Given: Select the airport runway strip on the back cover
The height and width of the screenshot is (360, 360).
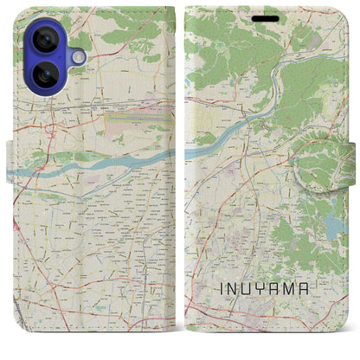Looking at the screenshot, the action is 130,112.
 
